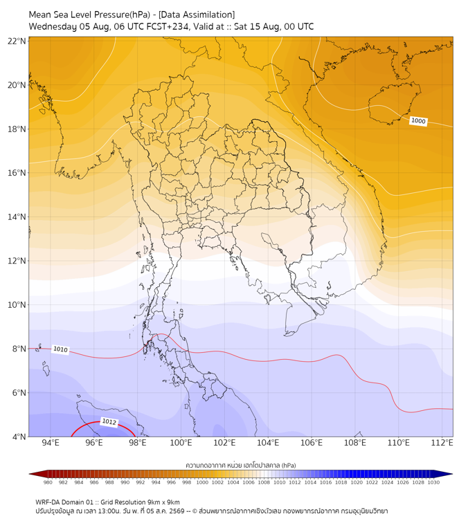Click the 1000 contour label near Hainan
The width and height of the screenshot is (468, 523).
(418, 121)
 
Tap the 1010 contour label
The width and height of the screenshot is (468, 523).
(60, 349)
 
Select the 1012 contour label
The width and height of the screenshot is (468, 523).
(109, 421)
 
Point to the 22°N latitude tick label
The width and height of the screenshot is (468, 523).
(17, 41)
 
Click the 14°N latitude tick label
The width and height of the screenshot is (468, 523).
(17, 217)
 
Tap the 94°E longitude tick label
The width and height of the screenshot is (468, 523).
(51, 443)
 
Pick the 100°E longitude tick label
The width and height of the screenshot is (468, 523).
(181, 443)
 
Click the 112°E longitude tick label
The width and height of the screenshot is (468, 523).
(442, 443)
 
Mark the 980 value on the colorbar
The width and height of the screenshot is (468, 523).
(48, 482)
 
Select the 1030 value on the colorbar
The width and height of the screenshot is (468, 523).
(433, 482)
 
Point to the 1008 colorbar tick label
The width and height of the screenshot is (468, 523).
(264, 482)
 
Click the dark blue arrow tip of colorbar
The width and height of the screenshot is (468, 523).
(452, 474)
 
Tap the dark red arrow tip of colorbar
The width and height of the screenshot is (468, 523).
(30, 474)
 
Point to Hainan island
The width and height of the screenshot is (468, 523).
(393, 102)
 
